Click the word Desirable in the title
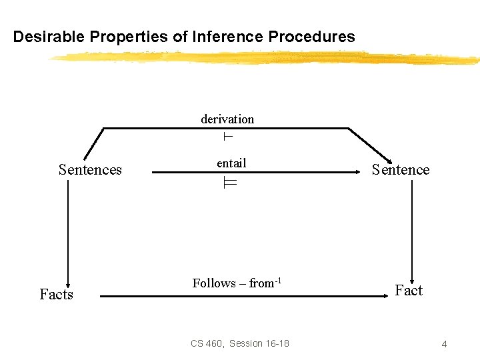47,37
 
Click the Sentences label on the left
90,169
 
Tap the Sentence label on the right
401,169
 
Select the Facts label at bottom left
56,294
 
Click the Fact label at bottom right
409,290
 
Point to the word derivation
227,119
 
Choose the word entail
231,163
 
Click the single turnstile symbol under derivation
227,137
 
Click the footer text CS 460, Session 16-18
240,343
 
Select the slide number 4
444,344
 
